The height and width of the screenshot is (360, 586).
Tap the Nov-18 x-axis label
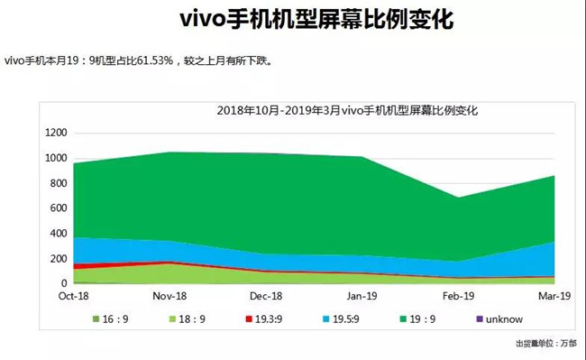(169, 295)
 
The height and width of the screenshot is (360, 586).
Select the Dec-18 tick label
(265, 295)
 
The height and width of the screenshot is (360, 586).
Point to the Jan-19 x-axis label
(361, 295)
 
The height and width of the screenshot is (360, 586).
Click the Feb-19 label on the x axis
(458, 295)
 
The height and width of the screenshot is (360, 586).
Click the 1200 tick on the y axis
(55, 133)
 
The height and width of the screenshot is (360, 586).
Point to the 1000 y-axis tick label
(55, 158)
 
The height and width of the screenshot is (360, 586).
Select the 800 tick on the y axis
(59, 183)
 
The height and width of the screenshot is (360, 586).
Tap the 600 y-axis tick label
(59, 208)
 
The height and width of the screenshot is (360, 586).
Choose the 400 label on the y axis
(59, 234)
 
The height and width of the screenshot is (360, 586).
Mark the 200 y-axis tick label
(59, 259)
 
